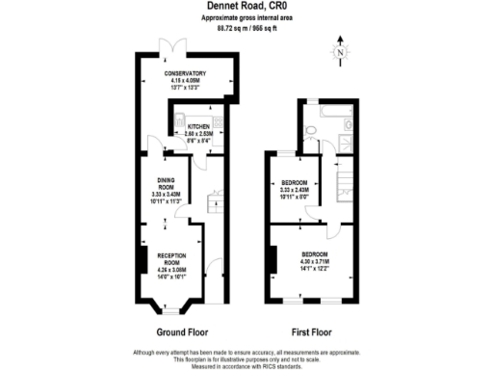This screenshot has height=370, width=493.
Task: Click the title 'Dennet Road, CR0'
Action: [246, 7]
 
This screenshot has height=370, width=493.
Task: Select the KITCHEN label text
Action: [199, 126]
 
